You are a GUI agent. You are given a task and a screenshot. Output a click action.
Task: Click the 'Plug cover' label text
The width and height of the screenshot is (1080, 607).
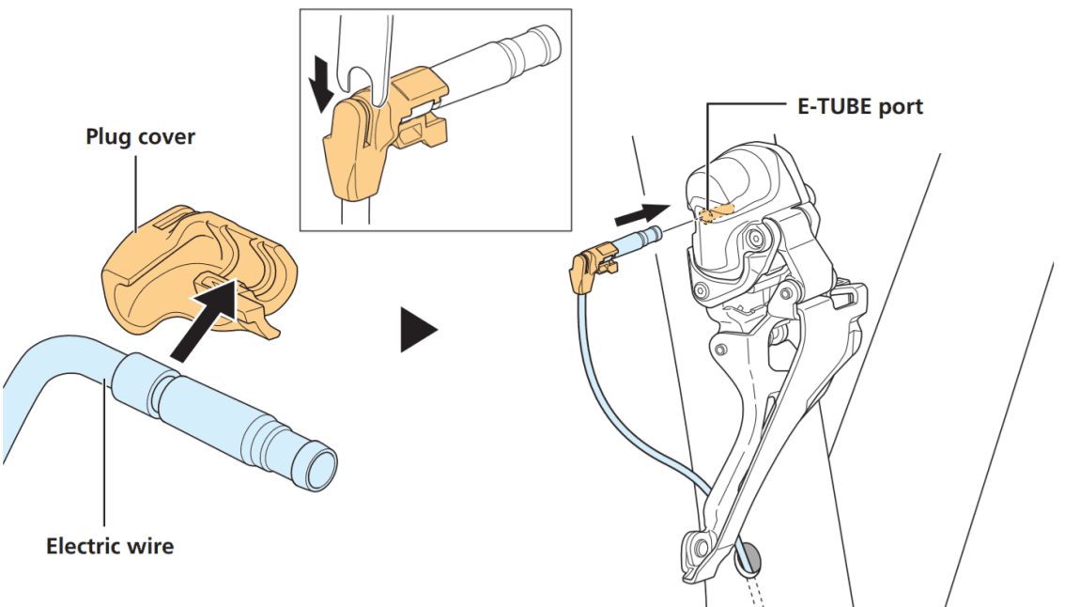tap(140, 136)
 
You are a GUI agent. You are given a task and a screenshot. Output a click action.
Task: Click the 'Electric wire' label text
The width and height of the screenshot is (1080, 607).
tap(110, 545)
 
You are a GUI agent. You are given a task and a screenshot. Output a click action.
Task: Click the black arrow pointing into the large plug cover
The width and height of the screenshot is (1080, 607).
tap(203, 325)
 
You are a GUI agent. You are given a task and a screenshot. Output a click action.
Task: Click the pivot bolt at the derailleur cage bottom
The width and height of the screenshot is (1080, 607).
tap(696, 545)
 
